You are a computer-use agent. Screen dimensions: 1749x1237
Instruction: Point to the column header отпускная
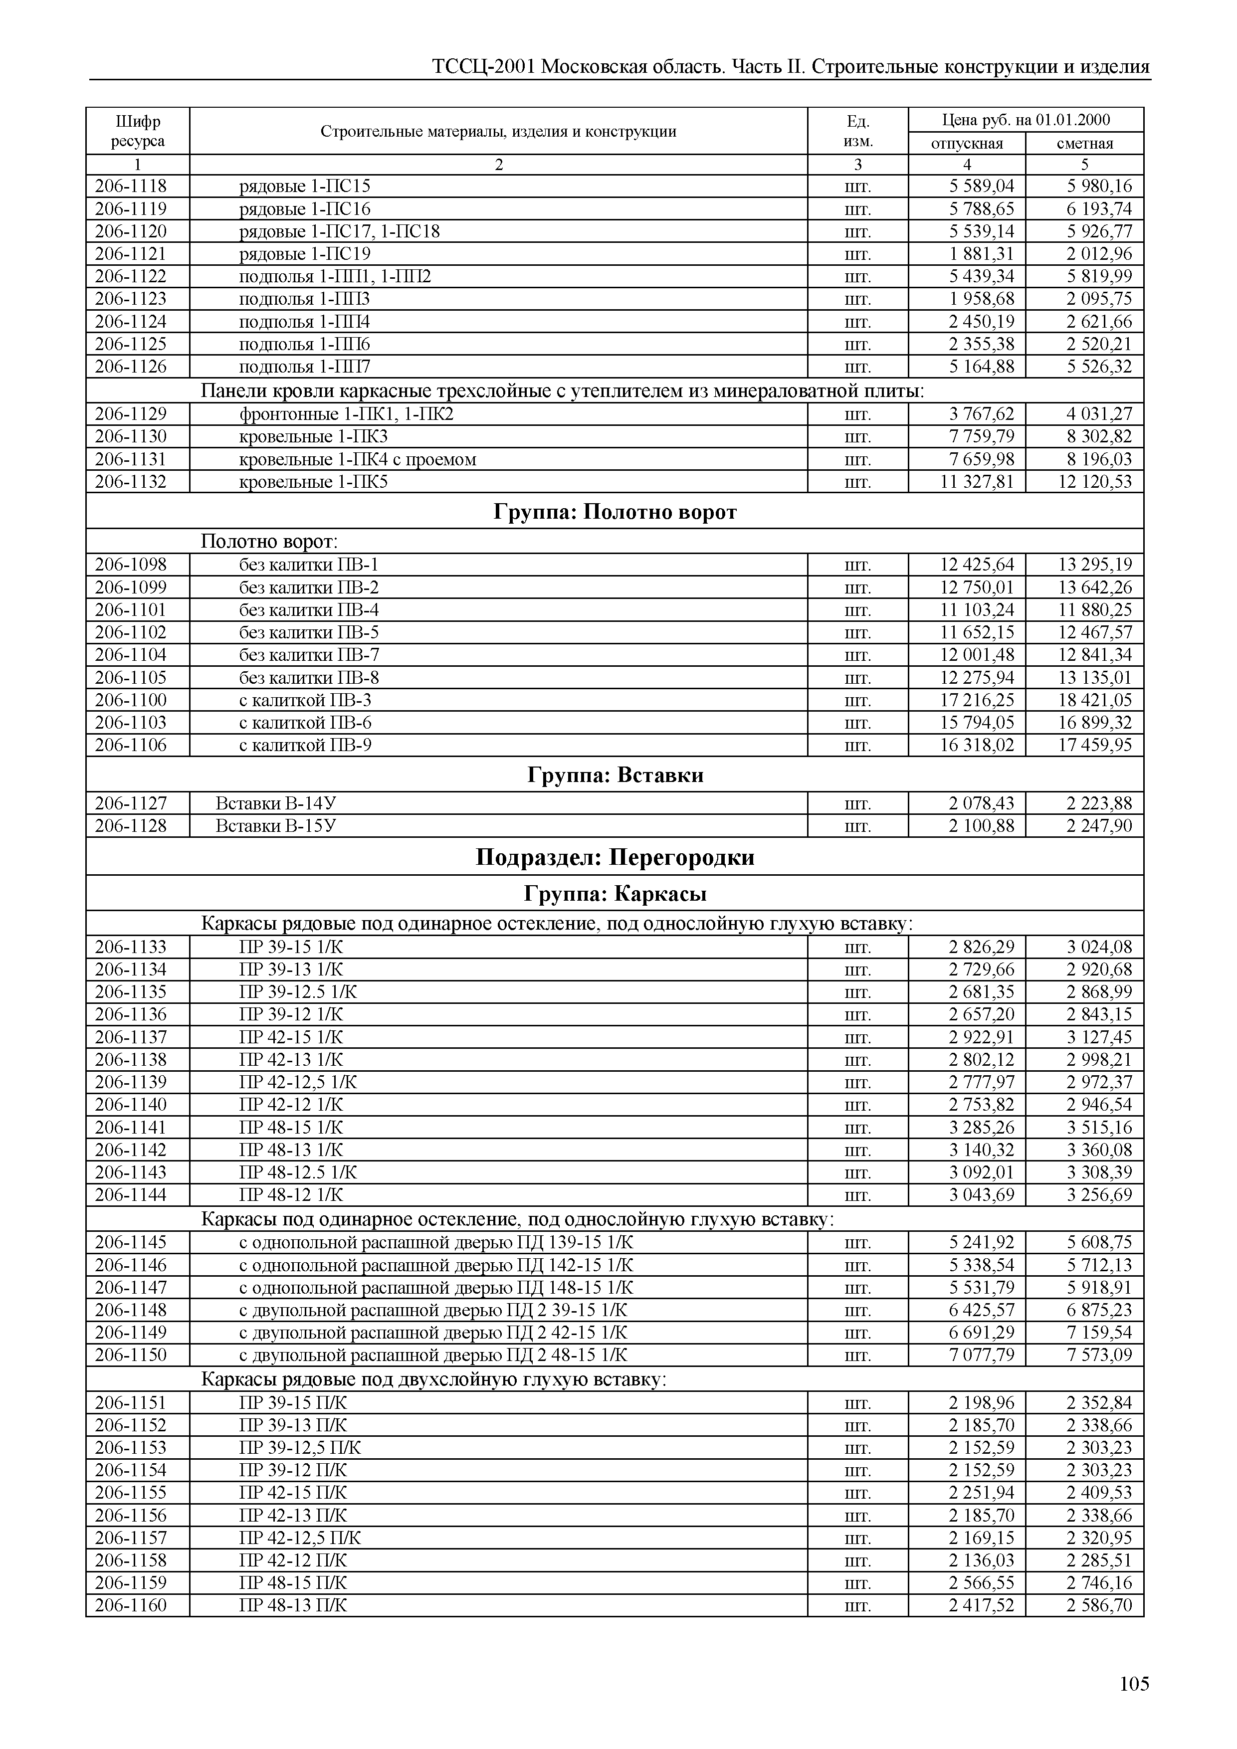(x=967, y=143)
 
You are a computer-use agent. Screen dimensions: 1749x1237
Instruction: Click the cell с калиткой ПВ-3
(x=305, y=700)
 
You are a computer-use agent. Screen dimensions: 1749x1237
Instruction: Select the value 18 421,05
(x=1094, y=700)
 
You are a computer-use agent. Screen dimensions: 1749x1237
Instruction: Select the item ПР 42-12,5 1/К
(x=298, y=1082)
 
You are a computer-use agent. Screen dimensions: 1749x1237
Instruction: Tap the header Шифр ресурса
(x=138, y=131)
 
